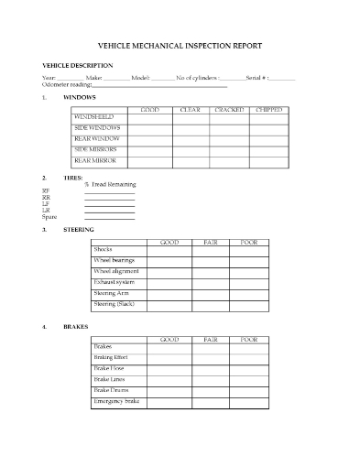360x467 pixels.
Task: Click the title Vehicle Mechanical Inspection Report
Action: coord(180,45)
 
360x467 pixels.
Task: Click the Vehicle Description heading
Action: coord(78,66)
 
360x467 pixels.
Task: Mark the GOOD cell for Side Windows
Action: coord(151,128)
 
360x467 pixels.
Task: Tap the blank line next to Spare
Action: coord(109,217)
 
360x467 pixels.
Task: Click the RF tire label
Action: coord(47,191)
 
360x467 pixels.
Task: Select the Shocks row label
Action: coord(103,249)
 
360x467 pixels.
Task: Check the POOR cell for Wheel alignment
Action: coord(249,271)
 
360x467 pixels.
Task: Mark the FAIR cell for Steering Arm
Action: coord(210,293)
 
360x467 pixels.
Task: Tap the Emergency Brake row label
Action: coord(116,401)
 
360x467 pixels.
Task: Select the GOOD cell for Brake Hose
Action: coord(169,368)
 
